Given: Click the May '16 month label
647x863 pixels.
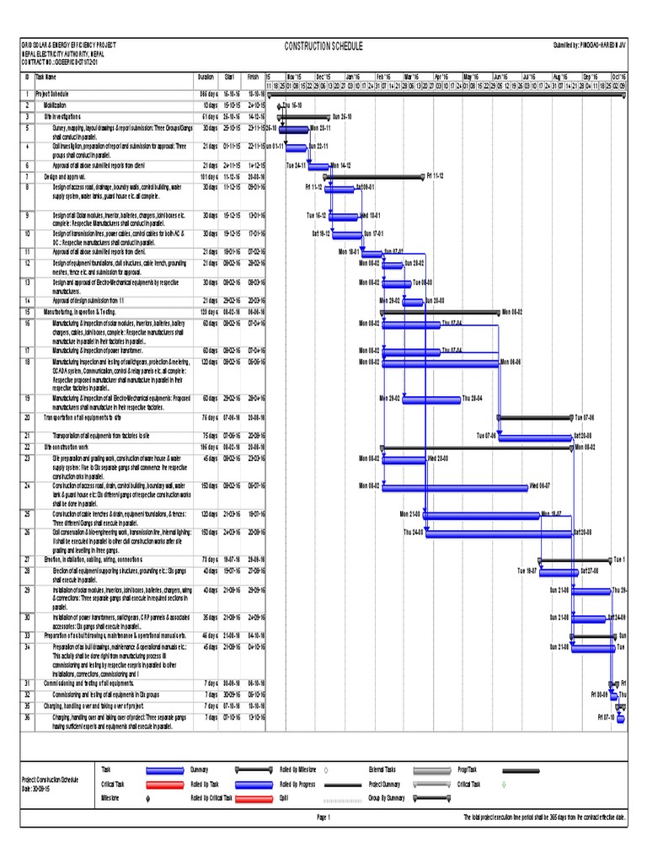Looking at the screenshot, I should click(470, 75).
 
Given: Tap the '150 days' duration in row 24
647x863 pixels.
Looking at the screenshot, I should click(206, 485).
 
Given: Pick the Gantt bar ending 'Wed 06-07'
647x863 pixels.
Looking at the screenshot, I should click(454, 486).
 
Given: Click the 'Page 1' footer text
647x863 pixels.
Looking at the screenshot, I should click(323, 817).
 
